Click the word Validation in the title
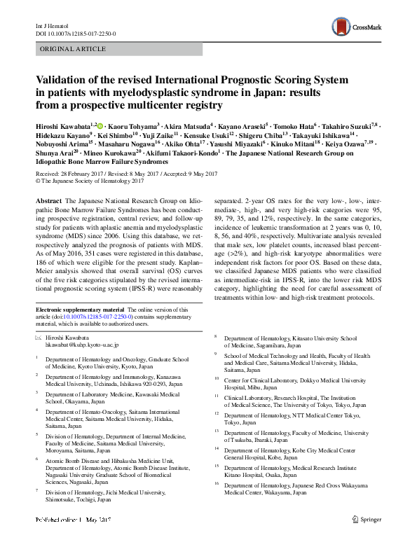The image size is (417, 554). [x=67, y=81]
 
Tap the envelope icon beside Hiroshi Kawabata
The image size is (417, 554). [x=39, y=338]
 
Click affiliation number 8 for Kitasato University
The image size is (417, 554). [x=216, y=338]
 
